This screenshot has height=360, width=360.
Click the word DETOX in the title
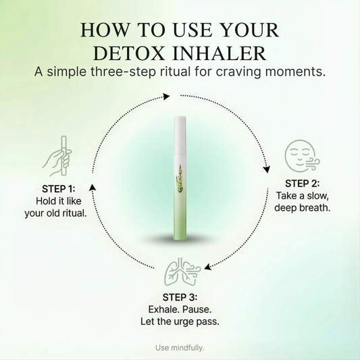(129, 53)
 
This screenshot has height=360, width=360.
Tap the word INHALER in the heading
(220, 53)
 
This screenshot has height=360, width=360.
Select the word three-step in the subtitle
(124, 72)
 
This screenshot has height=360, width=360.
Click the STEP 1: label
(59, 189)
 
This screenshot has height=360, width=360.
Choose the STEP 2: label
(302, 184)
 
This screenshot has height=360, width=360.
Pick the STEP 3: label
(180, 297)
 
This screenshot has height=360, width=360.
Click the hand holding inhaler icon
(57, 156)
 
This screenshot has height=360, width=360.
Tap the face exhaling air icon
(302, 156)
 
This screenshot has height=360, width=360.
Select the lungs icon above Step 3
(182, 272)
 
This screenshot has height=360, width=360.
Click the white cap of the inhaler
(180, 135)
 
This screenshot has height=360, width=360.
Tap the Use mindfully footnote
(180, 348)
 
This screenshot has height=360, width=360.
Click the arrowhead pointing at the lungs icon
(207, 267)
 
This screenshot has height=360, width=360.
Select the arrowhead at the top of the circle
(166, 96)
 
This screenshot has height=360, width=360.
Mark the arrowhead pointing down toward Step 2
(267, 170)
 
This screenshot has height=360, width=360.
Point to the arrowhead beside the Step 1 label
(93, 187)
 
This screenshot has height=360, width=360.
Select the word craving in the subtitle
(238, 72)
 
